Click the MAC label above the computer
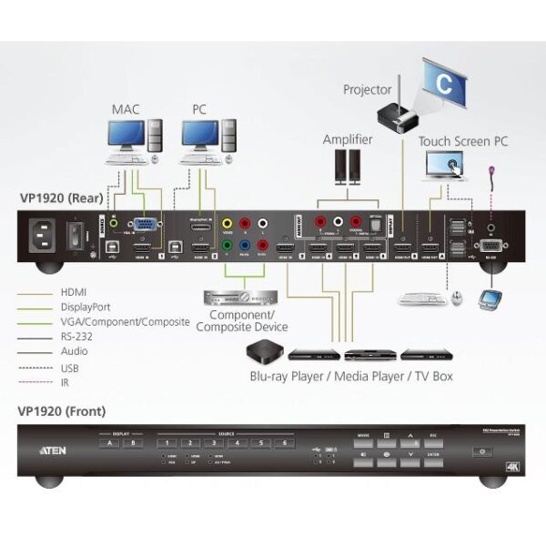click(x=126, y=109)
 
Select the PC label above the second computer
click(x=199, y=109)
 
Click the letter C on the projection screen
click(x=443, y=79)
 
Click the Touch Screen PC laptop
click(x=445, y=167)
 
